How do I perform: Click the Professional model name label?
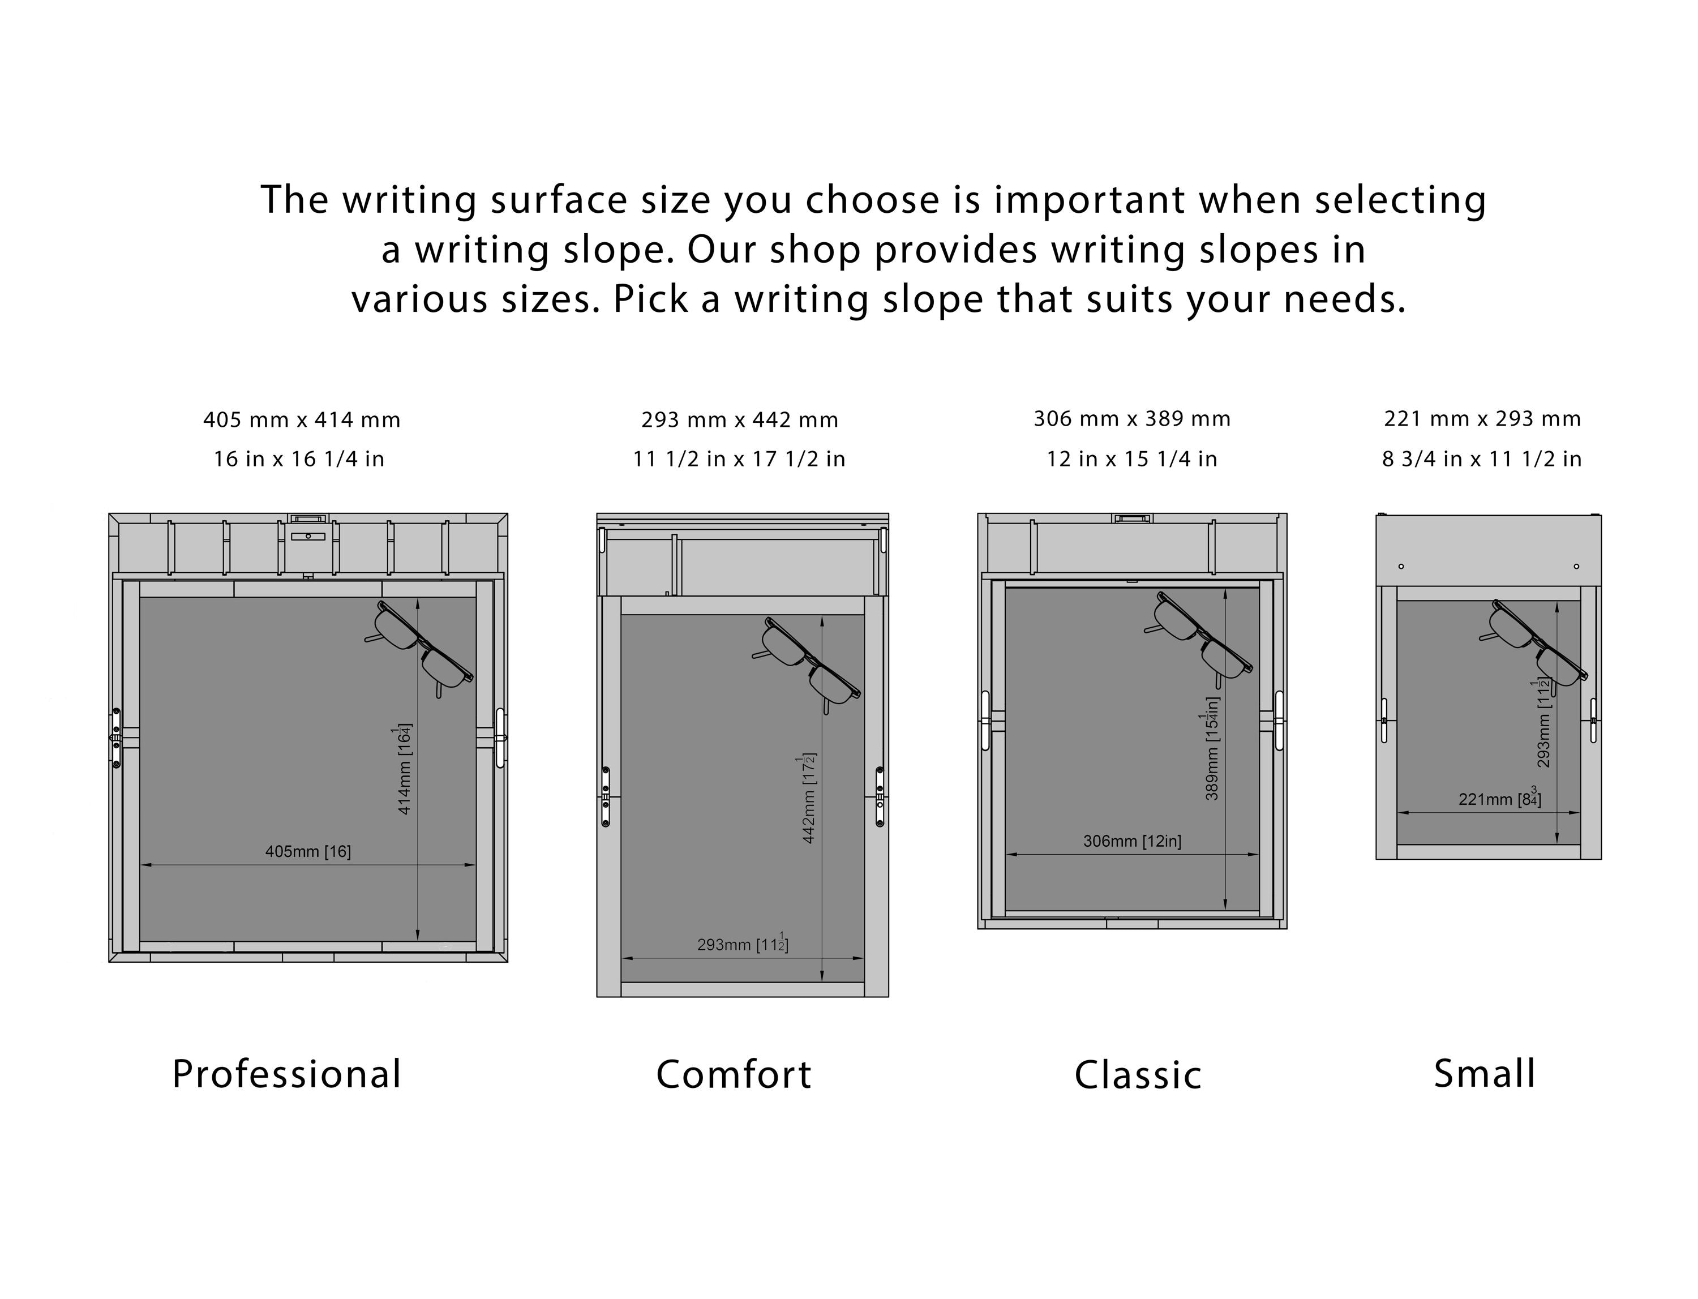click(x=287, y=1074)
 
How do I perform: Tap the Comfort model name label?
click(x=734, y=1074)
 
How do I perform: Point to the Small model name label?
click(x=1485, y=1073)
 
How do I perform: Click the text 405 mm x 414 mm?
click(x=302, y=420)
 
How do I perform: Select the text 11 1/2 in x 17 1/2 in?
click(x=739, y=459)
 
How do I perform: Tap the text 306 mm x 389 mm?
click(x=1132, y=419)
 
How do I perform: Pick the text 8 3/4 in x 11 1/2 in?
click(x=1481, y=459)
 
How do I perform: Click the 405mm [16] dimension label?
click(x=308, y=851)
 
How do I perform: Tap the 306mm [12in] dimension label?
click(x=1132, y=841)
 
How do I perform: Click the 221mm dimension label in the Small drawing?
click(x=1499, y=798)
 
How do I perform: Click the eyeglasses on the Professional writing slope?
click(x=419, y=648)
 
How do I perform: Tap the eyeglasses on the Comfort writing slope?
click(x=805, y=664)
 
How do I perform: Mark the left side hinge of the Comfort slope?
click(x=606, y=796)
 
